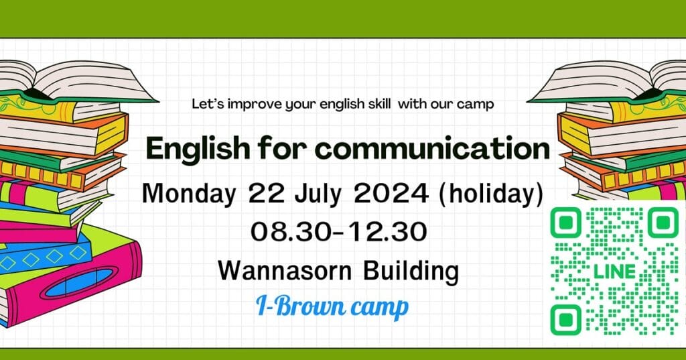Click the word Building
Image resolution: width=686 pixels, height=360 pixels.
pos(411,272)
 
